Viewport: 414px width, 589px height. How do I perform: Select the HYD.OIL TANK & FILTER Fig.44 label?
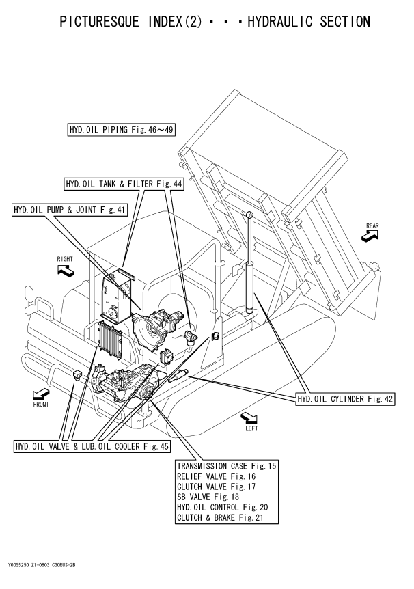coord(118,184)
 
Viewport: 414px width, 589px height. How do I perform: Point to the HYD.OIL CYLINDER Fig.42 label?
coord(346,398)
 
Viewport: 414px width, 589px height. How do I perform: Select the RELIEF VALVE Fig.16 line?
coord(216,476)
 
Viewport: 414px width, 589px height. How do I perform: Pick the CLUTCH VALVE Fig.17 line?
coord(217,487)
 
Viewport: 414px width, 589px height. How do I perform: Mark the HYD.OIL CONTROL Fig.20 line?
coord(222,507)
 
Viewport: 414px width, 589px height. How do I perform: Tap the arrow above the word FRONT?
coord(40,394)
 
